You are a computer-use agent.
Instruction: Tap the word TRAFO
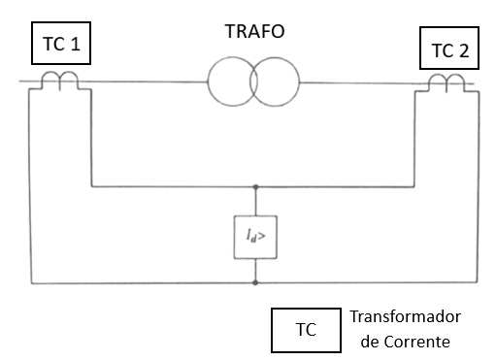pos(255,31)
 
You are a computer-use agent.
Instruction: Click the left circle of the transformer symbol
pos(208,82)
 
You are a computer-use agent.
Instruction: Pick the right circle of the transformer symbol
pos(299,82)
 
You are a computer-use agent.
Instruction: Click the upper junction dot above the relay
pos(255,187)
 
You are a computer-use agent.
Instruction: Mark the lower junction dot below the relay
pos(255,283)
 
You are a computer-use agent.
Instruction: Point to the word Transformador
pos(406,316)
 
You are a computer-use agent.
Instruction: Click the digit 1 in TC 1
pos(75,44)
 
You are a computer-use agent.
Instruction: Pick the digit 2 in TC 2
pos(464,50)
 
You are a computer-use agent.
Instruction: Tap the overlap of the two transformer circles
pos(253,82)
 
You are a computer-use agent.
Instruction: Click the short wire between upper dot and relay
pos(255,202)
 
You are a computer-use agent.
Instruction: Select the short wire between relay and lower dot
pos(255,270)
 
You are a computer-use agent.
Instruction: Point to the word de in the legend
pos(369,342)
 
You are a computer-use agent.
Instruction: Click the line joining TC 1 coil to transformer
pos(143,82)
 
